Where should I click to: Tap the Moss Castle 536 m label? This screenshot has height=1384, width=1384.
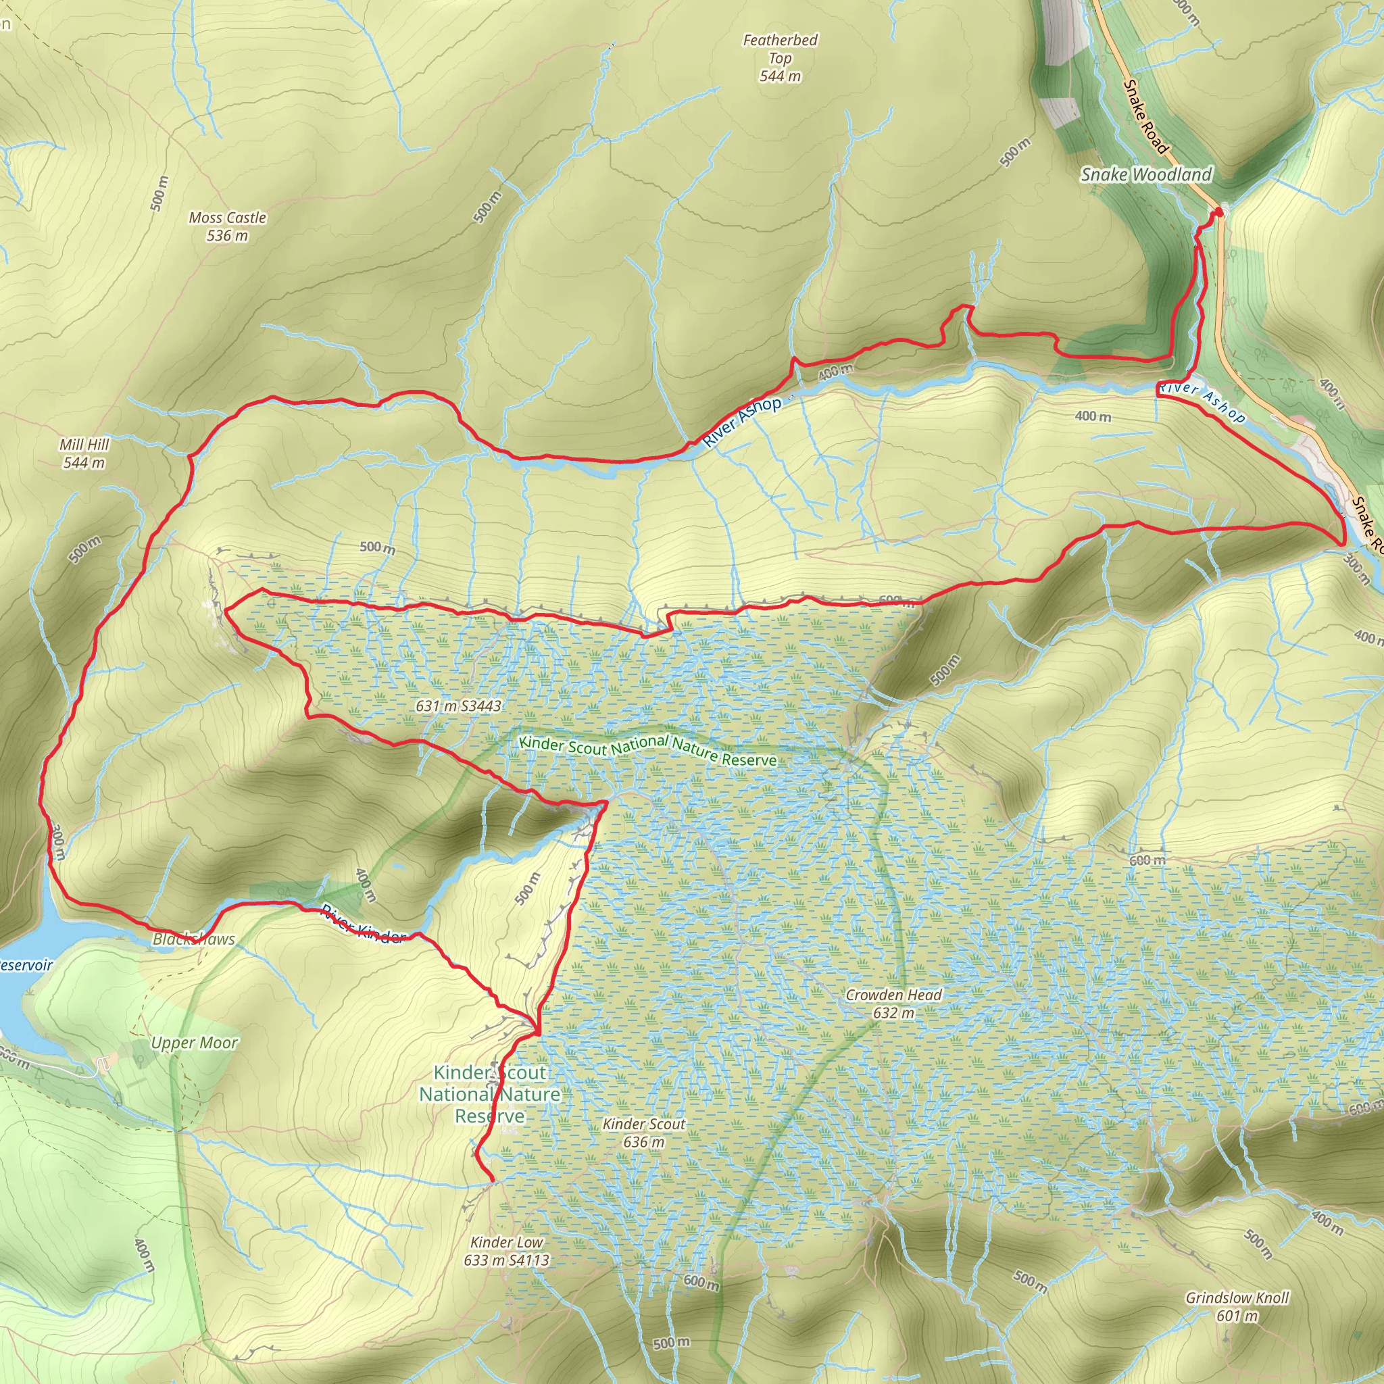pos(227,226)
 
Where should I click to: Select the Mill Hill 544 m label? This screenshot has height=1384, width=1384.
pos(84,453)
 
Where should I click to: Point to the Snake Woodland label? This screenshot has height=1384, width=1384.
pos(1146,174)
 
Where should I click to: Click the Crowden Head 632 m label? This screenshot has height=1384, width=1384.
pos(893,1004)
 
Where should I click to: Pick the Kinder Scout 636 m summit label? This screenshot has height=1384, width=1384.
pos(643,1133)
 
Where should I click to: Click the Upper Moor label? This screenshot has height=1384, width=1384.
pos(194,1043)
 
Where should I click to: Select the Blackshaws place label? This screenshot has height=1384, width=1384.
pos(193,939)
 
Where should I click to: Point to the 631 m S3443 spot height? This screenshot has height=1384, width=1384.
pos(458,706)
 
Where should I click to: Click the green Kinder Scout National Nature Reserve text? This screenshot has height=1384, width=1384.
pos(647,750)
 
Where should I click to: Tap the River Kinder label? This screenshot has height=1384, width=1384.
pos(363,925)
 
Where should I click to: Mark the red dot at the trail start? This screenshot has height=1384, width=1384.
pos(1218,212)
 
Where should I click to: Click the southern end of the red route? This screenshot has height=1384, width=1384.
pos(492,1180)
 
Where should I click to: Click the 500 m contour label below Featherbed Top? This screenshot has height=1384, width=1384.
pos(1015,152)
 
